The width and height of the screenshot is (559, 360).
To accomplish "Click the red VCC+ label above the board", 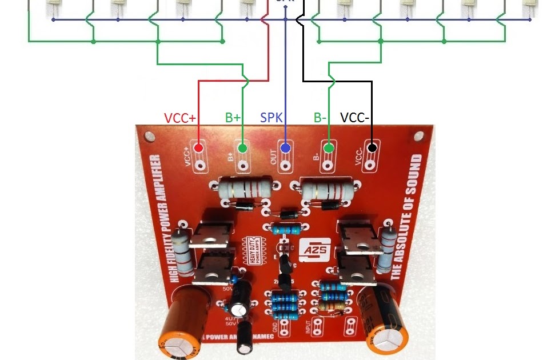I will [x=180, y=118].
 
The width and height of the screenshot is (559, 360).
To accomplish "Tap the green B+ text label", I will [x=233, y=118].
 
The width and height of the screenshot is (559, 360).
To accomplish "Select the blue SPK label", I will [x=272, y=118].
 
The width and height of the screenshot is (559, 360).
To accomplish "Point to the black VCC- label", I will [x=356, y=118].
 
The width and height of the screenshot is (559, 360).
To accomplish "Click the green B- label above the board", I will [x=320, y=118].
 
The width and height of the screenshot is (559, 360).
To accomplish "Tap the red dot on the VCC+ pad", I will [x=199, y=148].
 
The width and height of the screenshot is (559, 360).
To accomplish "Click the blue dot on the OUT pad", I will [x=285, y=148].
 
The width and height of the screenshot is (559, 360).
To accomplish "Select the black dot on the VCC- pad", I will [x=372, y=148].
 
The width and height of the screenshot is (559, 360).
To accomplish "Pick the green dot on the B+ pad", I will [x=242, y=148].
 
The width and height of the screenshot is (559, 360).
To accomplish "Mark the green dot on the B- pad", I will [x=329, y=148].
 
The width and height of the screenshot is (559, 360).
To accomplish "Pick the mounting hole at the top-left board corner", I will [x=150, y=137].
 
